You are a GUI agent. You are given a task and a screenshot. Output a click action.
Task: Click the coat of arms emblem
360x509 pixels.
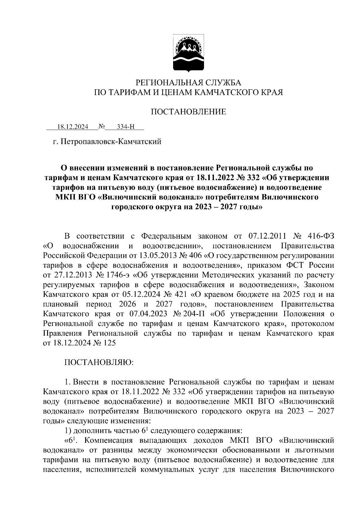click(x=189, y=54)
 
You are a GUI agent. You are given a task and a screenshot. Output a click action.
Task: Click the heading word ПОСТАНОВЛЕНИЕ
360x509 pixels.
click(x=188, y=112)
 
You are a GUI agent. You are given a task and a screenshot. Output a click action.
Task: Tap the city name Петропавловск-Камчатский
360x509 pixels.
click(x=111, y=141)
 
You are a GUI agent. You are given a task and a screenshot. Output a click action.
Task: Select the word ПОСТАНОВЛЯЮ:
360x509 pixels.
click(x=99, y=362)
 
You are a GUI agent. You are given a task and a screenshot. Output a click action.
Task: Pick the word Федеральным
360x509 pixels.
click(x=166, y=236)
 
